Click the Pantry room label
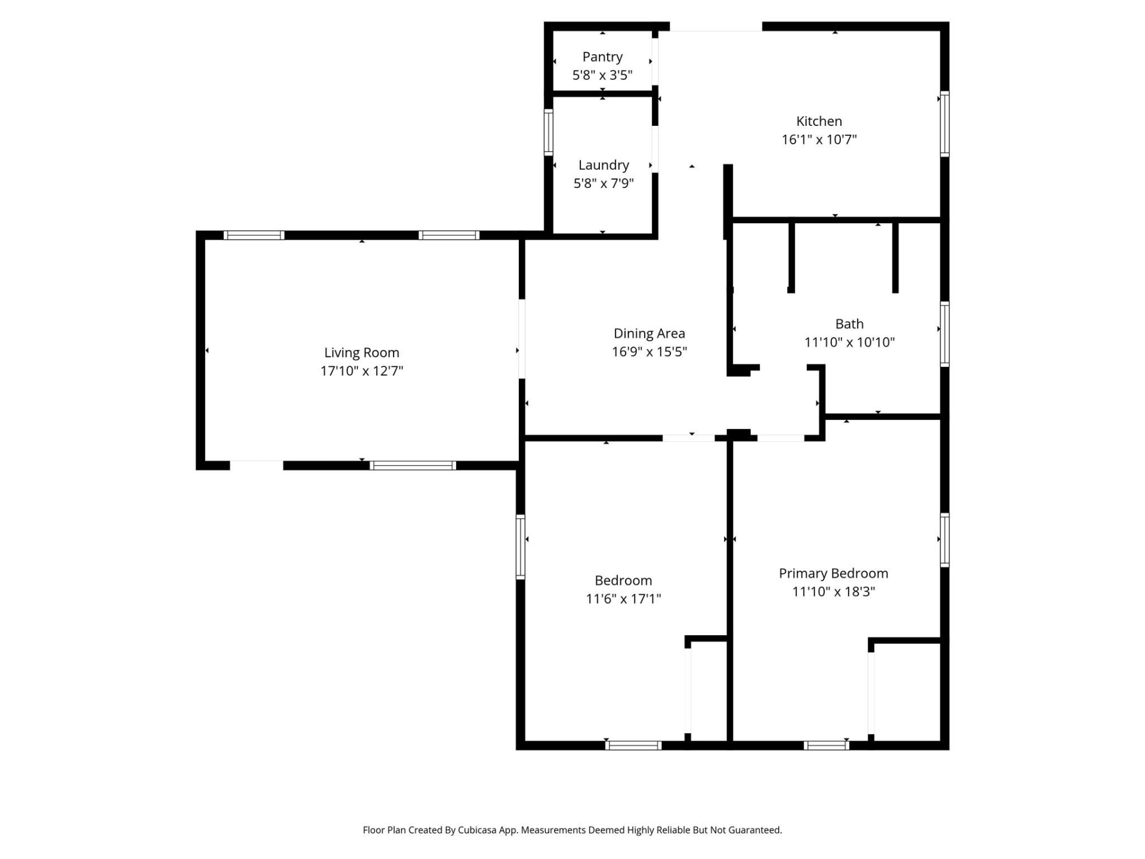pyautogui.click(x=602, y=57)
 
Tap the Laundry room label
pyautogui.click(x=604, y=165)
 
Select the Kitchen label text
pyautogui.click(x=819, y=121)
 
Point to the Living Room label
pyautogui.click(x=361, y=353)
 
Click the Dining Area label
pyautogui.click(x=649, y=333)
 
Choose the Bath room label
pyautogui.click(x=849, y=324)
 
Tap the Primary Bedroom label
pyautogui.click(x=833, y=573)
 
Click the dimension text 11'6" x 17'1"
pyautogui.click(x=623, y=598)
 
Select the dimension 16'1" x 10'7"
pyautogui.click(x=819, y=140)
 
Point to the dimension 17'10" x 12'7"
pyautogui.click(x=361, y=371)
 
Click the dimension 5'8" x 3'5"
pyautogui.click(x=602, y=75)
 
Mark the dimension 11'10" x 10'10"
pyautogui.click(x=849, y=342)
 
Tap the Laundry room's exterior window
pyautogui.click(x=548, y=132)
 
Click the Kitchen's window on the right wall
pyautogui.click(x=945, y=124)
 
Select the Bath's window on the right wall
pyautogui.click(x=945, y=334)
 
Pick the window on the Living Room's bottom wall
pyautogui.click(x=413, y=465)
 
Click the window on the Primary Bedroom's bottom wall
pyautogui.click(x=826, y=745)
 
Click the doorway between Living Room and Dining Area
pyautogui.click(x=522, y=338)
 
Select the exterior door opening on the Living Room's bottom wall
pyautogui.click(x=256, y=465)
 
